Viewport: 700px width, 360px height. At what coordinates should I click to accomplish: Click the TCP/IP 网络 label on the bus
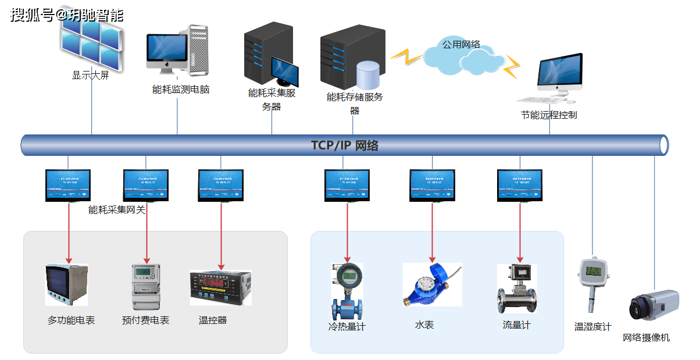click(344, 145)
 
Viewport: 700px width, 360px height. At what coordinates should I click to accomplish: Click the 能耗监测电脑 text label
click(180, 90)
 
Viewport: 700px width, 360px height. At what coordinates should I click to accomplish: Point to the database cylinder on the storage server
click(367, 75)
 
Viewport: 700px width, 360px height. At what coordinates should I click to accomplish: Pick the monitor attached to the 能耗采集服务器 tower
click(284, 72)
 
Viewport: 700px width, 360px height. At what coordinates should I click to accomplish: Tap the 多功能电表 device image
click(66, 285)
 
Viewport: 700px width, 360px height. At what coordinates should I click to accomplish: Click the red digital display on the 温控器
click(217, 283)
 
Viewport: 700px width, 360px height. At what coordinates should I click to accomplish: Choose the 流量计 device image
click(517, 288)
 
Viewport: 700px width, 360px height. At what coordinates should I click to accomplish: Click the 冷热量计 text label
click(347, 327)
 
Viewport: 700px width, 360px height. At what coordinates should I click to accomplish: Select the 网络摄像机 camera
click(653, 306)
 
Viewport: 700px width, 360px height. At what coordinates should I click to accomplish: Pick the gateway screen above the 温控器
click(220, 184)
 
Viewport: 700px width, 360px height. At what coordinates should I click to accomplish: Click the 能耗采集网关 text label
click(117, 210)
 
